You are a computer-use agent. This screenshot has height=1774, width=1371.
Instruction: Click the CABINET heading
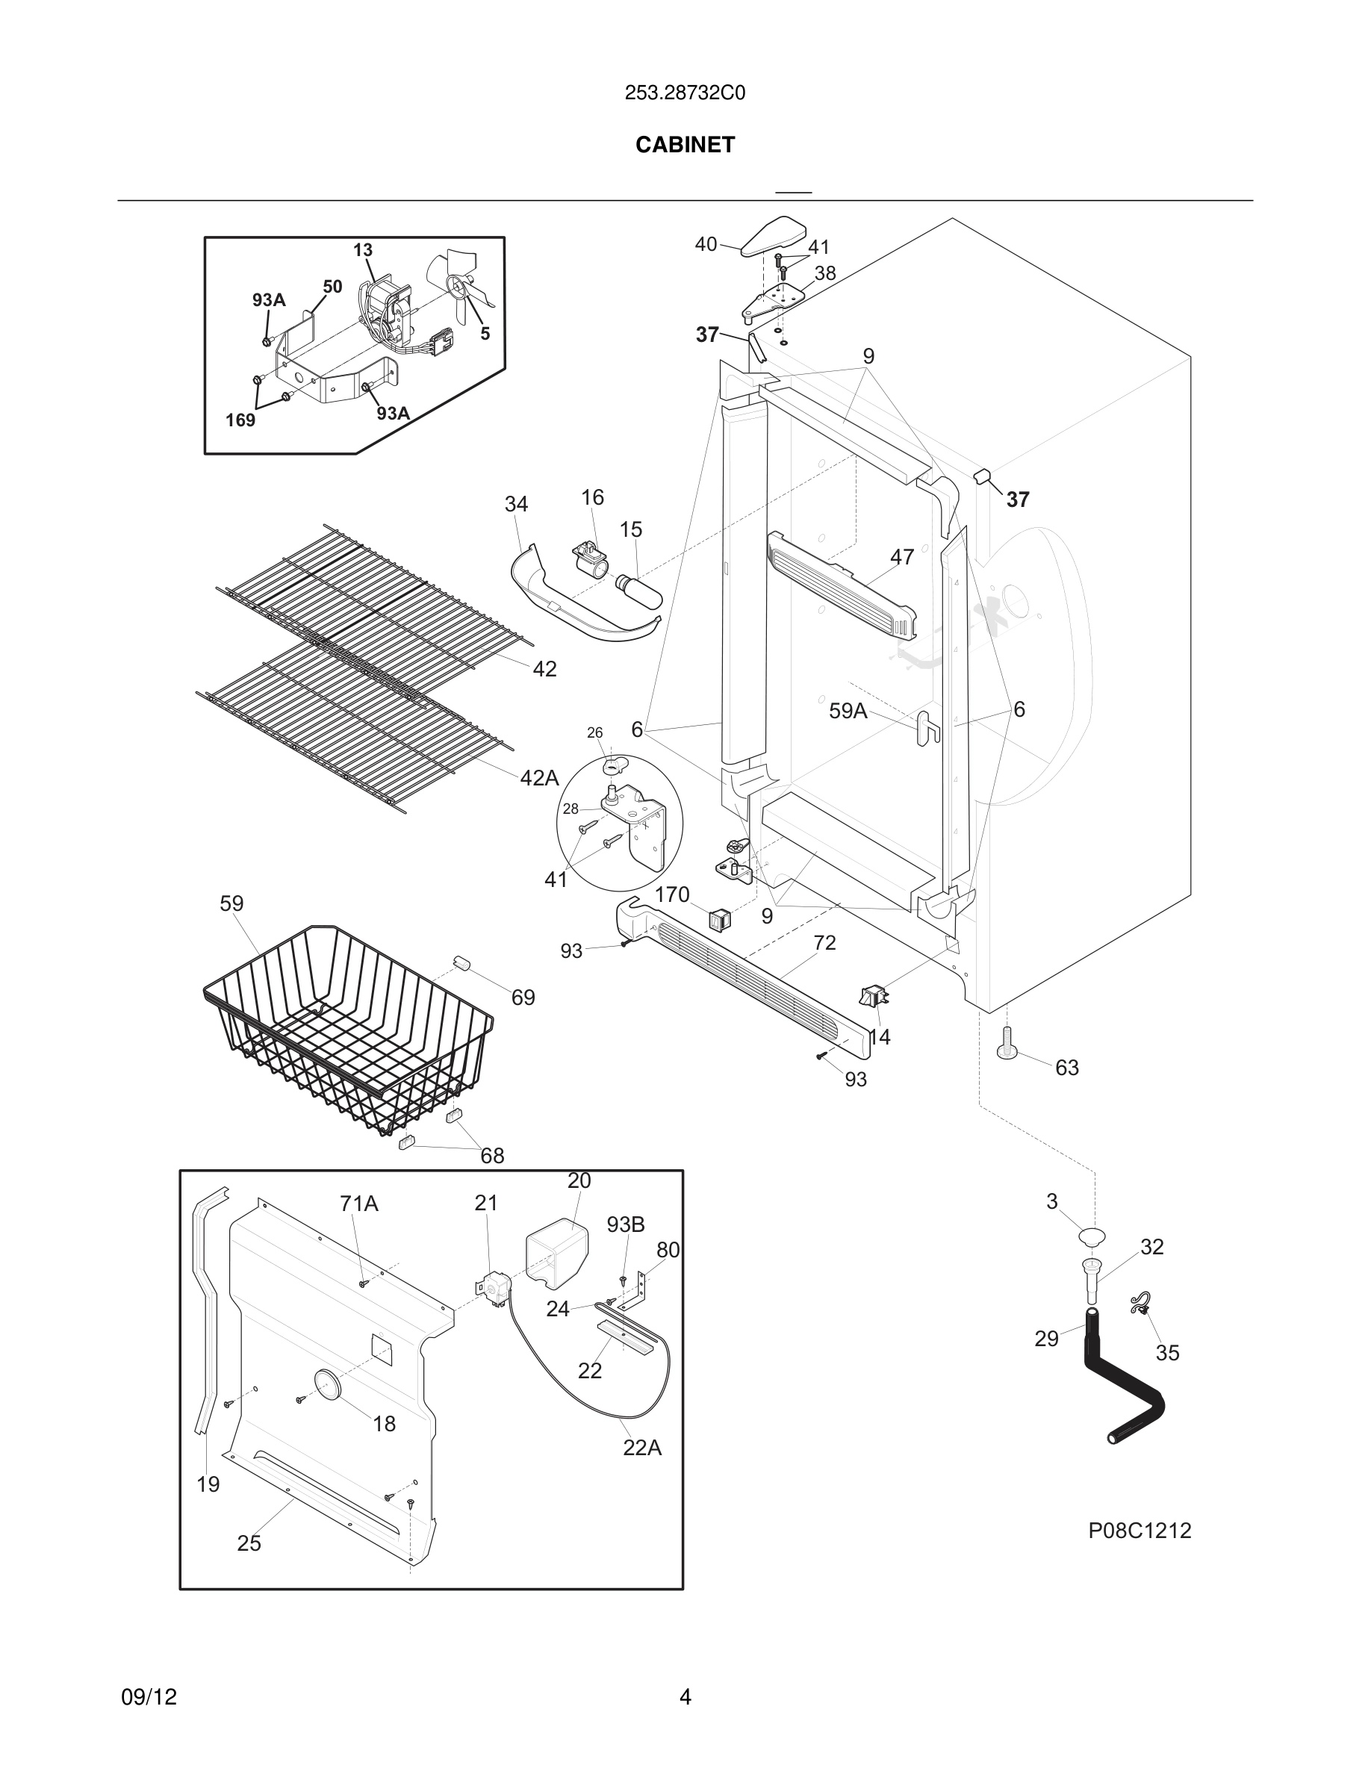tap(685, 145)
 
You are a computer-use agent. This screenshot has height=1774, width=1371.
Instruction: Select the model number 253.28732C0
tap(685, 93)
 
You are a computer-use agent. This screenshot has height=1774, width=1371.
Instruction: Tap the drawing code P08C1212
tap(1139, 1531)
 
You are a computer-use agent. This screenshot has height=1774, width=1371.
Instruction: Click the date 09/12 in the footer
tap(149, 1697)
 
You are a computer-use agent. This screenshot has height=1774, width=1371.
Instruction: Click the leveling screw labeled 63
tap(1007, 1044)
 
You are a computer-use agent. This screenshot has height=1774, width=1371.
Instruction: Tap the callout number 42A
tap(539, 778)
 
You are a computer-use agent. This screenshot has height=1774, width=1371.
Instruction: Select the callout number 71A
tap(359, 1204)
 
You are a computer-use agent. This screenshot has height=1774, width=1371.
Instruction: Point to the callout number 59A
tap(848, 712)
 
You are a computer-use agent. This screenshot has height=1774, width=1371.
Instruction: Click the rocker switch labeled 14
tap(873, 996)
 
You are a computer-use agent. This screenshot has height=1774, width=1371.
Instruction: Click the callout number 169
tap(240, 420)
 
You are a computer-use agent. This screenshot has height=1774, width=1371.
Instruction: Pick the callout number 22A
tap(641, 1448)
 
